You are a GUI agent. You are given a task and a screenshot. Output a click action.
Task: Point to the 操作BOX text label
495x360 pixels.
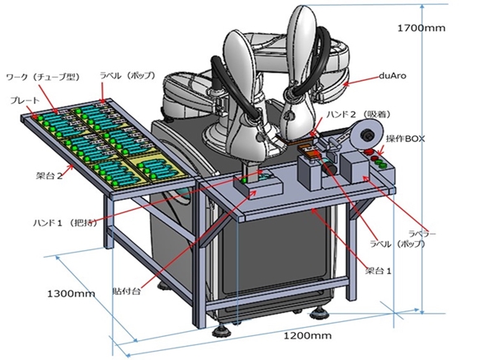point(405,140)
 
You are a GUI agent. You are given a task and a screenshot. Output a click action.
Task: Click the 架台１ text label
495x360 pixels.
point(377,270)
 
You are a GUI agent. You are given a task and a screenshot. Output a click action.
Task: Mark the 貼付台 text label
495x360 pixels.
point(126,291)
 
